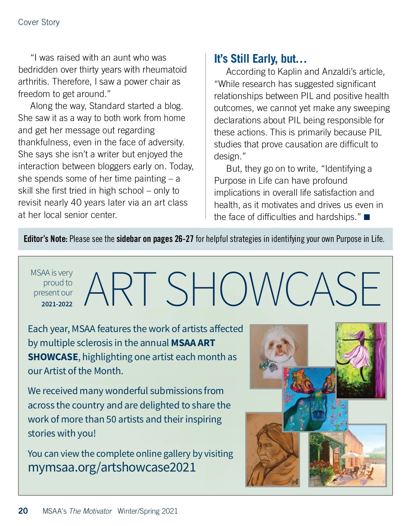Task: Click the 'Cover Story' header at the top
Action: click(39, 22)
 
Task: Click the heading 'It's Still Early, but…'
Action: click(260, 59)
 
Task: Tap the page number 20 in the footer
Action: click(23, 511)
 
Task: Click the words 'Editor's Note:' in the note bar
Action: click(46, 239)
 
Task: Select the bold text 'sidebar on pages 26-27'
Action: click(155, 239)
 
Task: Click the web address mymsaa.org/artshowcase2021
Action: click(112, 467)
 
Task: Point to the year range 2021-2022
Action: click(57, 304)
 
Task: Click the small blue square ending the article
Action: click(367, 217)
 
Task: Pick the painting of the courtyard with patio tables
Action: click(348, 456)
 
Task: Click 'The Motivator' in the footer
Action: click(90, 511)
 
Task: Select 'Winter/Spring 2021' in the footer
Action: click(148, 511)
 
